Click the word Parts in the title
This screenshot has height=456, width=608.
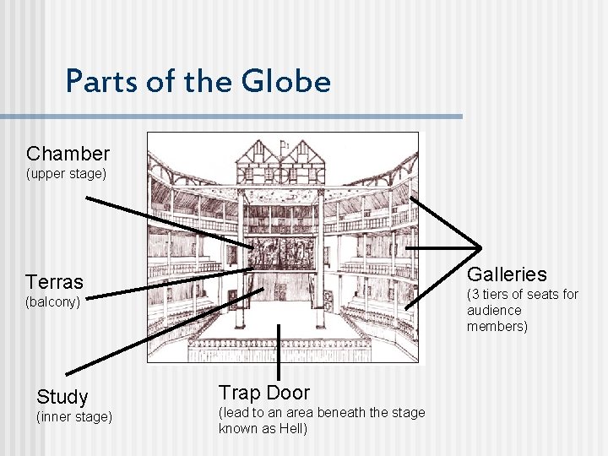click(x=95, y=82)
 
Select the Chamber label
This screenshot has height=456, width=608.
click(x=68, y=154)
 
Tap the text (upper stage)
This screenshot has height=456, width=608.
click(x=67, y=174)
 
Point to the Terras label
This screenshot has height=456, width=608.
click(x=54, y=282)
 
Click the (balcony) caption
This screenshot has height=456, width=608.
click(x=52, y=301)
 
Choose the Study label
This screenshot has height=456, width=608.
click(x=62, y=397)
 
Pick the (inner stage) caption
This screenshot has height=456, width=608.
click(x=73, y=417)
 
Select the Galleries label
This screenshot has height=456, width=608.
click(x=507, y=274)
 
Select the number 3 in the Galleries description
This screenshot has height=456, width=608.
click(x=473, y=295)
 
